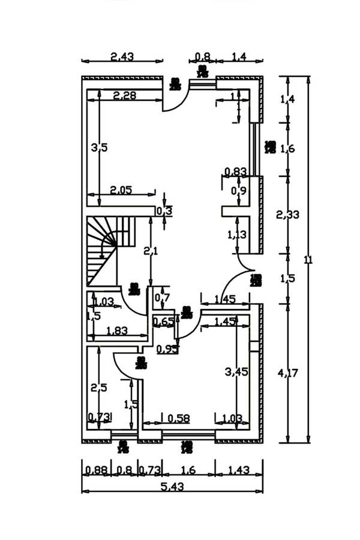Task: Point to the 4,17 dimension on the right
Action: tap(289, 373)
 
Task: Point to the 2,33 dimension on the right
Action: tap(288, 214)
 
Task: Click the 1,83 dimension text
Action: tap(118, 329)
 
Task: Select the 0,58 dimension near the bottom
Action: tap(179, 418)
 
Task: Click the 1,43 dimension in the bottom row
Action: tap(239, 470)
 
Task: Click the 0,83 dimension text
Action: tap(235, 172)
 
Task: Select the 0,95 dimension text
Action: tap(167, 349)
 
